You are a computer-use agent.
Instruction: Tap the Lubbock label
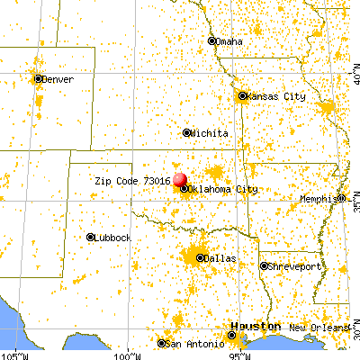pyautogui.click(x=113, y=238)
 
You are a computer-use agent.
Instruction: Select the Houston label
pyautogui.click(x=248, y=326)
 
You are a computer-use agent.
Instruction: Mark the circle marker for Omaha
pyautogui.click(x=212, y=40)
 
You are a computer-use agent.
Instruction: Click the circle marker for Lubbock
pyautogui.click(x=91, y=238)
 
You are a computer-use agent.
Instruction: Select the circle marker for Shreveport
pyautogui.click(x=264, y=266)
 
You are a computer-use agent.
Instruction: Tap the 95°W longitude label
pyautogui.click(x=239, y=354)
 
